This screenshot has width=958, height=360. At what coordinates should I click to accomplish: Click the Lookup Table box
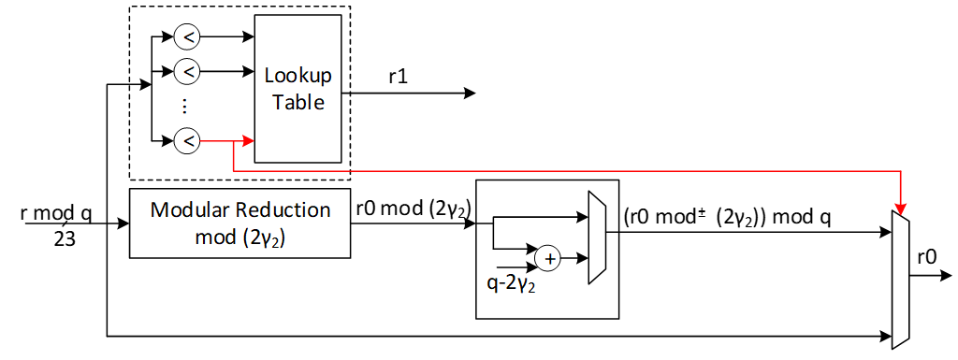[298, 89]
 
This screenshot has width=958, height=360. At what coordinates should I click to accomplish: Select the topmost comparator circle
[186, 37]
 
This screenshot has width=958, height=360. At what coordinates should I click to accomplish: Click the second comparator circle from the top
[186, 70]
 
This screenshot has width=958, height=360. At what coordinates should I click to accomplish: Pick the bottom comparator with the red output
[186, 141]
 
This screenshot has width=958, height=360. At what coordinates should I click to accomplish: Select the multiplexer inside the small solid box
[596, 238]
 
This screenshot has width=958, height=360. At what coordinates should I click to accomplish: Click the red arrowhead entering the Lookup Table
[249, 141]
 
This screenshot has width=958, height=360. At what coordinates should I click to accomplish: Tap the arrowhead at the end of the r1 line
[470, 94]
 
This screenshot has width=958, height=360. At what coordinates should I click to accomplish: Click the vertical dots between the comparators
[184, 106]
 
